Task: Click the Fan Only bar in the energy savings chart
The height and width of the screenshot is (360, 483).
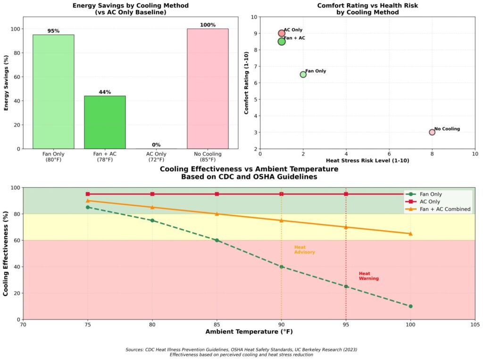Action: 53,92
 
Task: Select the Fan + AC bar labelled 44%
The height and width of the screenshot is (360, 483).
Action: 105,122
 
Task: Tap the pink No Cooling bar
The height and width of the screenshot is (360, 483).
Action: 208,89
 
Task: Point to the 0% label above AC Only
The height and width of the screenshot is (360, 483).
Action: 156,145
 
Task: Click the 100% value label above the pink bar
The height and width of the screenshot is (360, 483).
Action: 208,25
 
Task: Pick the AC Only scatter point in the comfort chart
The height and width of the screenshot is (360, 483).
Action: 282,33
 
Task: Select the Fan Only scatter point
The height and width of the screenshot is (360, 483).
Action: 303,75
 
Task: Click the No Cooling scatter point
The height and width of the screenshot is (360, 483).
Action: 432,132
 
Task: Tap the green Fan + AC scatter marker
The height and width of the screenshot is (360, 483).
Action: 282,42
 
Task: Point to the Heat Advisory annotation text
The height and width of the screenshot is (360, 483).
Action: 304,250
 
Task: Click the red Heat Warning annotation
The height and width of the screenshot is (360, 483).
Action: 368,276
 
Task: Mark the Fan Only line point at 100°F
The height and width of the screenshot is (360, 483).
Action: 410,306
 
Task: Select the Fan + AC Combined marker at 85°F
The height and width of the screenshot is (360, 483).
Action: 217,214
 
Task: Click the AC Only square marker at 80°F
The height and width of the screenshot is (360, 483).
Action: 152,194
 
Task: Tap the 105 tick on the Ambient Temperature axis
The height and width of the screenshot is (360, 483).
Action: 475,325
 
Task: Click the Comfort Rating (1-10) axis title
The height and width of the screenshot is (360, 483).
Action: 247,83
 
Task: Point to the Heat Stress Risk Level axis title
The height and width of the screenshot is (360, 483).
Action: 367,160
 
